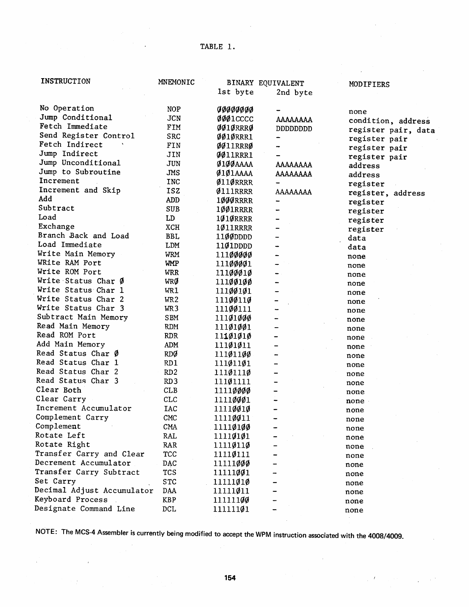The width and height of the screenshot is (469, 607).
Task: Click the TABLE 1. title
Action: [217, 47]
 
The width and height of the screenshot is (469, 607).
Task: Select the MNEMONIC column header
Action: [176, 82]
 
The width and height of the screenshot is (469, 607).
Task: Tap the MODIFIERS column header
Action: [369, 85]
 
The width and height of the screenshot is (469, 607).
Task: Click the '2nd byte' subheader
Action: [294, 93]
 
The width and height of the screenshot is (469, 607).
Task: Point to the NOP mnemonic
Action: [174, 109]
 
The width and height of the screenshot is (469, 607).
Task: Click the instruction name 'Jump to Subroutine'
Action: [80, 172]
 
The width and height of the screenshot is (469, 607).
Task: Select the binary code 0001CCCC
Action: [235, 119]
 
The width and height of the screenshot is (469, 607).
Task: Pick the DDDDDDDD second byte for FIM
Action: [294, 128]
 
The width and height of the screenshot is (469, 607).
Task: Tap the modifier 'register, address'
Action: [386, 194]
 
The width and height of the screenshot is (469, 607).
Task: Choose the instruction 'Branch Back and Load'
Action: [84, 236]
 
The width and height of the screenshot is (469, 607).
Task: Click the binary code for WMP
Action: [234, 264]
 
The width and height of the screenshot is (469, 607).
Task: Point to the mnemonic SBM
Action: [172, 318]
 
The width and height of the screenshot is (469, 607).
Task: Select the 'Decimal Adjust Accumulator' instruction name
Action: [94, 491]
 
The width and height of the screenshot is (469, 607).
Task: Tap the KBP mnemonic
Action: [169, 500]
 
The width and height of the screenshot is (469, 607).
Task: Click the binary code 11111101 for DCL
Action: [232, 510]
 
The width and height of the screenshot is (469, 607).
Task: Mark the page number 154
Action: [230, 578]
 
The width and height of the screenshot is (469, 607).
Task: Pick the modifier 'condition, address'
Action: [389, 121]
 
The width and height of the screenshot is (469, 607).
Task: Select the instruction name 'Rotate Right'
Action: [63, 445]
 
